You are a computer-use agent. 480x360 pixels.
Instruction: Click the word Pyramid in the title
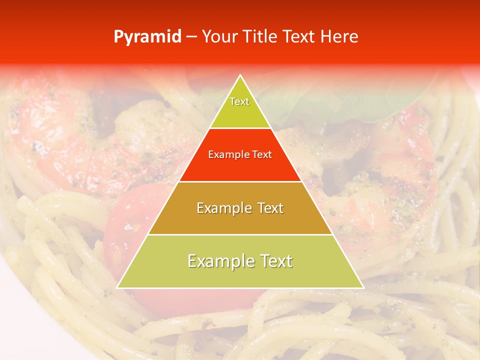147,37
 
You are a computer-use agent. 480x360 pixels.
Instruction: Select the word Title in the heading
260,37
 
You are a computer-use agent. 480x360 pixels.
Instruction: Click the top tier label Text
239,101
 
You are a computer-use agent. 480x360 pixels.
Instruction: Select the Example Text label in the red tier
240,155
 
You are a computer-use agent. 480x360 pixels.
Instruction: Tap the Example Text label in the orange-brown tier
240,208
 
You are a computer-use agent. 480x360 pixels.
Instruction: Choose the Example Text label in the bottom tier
240,261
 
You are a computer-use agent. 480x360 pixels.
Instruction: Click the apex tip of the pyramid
240,75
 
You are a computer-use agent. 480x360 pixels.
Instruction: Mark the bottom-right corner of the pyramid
363,287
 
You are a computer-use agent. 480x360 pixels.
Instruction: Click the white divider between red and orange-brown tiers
240,181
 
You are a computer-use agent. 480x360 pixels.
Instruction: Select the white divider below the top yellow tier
240,128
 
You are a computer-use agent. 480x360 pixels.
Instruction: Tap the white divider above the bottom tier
240,234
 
